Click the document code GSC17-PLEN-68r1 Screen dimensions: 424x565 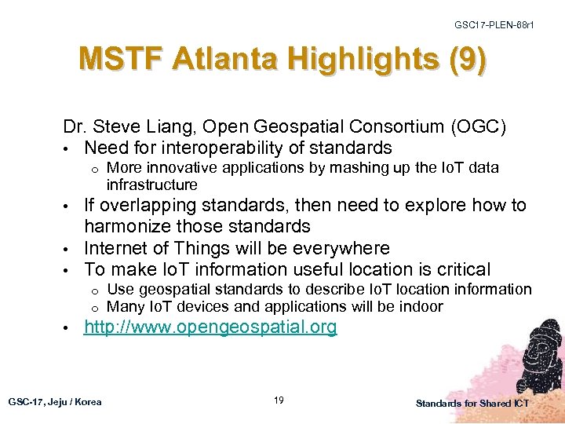point(494,25)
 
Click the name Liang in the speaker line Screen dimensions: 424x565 point(169,127)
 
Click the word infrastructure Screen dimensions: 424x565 point(151,185)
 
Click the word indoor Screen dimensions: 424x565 point(422,306)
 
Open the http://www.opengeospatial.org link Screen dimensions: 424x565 point(210,327)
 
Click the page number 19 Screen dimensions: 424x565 point(279,401)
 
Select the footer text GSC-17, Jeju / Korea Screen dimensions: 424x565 point(55,402)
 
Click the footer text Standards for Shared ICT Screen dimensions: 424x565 point(472,403)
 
